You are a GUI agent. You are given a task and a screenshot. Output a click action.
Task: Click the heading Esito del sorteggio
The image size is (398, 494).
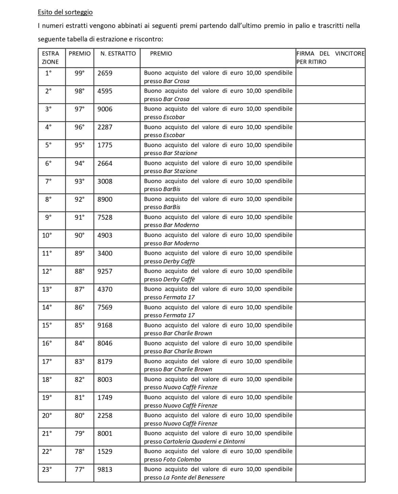[65, 12]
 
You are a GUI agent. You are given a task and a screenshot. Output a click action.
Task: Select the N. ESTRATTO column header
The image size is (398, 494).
[118, 53]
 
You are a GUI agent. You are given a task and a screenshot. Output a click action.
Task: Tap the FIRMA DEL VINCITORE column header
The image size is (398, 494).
[330, 58]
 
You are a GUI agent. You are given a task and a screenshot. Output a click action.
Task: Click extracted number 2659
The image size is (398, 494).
[105, 73]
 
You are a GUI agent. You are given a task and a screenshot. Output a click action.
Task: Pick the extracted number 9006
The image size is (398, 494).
[105, 109]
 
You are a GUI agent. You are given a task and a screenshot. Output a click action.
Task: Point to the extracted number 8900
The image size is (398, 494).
[105, 199]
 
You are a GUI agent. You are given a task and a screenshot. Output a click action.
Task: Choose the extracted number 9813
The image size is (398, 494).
[105, 469]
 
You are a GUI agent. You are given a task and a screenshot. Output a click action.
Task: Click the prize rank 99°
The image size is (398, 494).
[80, 73]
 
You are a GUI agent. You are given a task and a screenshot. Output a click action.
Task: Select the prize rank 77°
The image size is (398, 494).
[80, 469]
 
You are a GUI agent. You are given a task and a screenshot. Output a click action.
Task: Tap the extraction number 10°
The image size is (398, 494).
[47, 235]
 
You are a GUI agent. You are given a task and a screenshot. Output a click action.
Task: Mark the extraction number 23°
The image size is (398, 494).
[47, 469]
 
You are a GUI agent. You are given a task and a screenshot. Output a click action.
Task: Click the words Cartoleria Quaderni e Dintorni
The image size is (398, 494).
[204, 442]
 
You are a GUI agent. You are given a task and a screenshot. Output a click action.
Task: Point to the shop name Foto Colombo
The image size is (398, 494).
[182, 460]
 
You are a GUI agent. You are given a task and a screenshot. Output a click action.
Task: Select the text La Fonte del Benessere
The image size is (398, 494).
[194, 478]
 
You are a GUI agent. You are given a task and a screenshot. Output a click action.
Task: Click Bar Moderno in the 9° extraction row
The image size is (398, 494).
[181, 225]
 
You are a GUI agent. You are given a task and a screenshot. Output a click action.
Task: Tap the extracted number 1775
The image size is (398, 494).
[105, 145]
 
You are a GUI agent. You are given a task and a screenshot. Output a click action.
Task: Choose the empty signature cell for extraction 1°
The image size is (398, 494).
[330, 77]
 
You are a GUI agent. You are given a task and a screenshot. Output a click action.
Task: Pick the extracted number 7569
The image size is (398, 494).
[105, 307]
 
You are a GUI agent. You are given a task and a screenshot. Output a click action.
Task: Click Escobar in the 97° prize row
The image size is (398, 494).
[174, 117]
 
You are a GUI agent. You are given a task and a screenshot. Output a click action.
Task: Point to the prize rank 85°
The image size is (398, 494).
[80, 325]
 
